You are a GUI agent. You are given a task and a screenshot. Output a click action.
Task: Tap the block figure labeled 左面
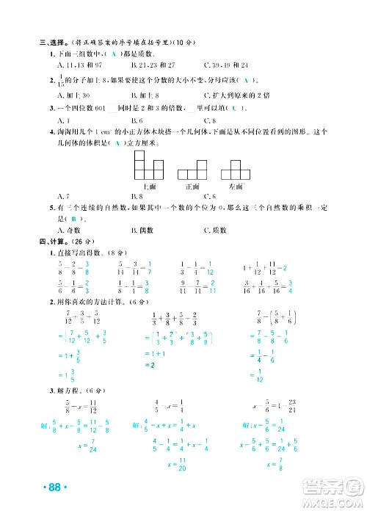[x=235, y=173]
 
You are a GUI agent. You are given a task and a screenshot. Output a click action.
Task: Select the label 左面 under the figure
[x=235, y=188]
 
